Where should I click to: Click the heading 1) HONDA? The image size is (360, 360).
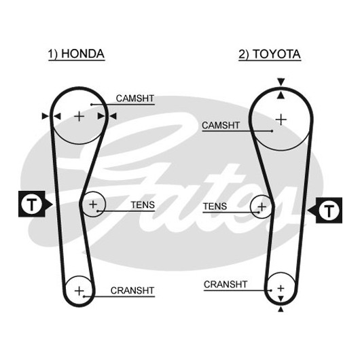click(76, 54)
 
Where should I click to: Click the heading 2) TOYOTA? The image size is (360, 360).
click(270, 54)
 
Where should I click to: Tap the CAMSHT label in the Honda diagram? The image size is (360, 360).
click(135, 98)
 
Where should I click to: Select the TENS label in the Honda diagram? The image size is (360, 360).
click(143, 205)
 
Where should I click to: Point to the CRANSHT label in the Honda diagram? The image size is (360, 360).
click(132, 291)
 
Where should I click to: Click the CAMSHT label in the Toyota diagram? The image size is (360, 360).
click(221, 126)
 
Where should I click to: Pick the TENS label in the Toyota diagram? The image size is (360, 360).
click(215, 206)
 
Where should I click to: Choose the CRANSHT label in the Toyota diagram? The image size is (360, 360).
click(226, 285)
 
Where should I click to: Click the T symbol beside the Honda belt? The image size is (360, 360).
click(32, 204)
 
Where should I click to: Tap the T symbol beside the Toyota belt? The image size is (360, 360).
click(329, 210)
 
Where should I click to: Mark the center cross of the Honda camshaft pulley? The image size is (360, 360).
click(79, 117)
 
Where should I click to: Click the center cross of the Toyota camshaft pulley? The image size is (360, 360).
click(281, 120)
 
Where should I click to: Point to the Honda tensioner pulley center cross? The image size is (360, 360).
click(93, 204)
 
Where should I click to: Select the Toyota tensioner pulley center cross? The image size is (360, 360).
click(262, 207)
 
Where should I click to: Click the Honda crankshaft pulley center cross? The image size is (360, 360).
click(79, 291)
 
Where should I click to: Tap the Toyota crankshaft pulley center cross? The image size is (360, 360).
click(281, 288)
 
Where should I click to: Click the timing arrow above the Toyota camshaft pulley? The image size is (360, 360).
click(281, 82)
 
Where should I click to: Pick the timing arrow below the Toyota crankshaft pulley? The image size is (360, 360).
click(281, 309)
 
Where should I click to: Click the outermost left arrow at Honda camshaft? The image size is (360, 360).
click(46, 116)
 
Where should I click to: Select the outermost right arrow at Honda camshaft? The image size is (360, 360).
click(113, 116)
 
